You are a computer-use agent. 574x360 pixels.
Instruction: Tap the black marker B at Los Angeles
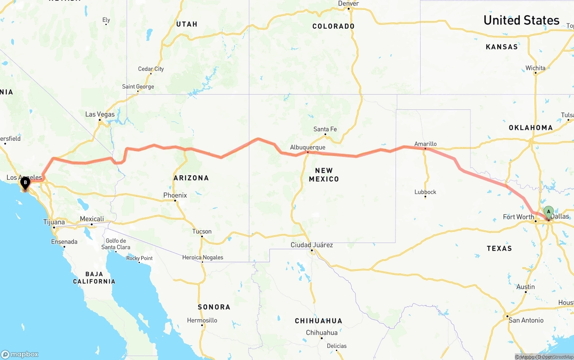[25, 182]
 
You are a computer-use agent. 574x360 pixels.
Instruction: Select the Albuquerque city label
[308, 147]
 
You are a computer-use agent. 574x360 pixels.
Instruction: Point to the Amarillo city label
[425, 143]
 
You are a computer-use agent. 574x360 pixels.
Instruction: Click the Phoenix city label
[175, 195]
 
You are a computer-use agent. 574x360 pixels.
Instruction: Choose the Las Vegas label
[100, 114]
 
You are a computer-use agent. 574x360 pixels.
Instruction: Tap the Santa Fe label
[325, 129]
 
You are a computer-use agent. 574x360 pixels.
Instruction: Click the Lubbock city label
[425, 192]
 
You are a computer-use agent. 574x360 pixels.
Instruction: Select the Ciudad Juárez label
[312, 245]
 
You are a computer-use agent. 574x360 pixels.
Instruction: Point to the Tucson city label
[202, 231]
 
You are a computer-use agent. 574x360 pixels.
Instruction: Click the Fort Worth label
[518, 217]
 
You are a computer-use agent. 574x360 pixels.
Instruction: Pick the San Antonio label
[526, 320]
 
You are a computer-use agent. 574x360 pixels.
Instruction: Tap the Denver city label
[348, 4]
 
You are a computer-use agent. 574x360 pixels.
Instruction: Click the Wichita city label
[535, 68]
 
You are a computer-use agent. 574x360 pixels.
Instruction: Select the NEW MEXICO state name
[324, 174]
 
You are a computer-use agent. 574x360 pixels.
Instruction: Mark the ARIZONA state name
[191, 178]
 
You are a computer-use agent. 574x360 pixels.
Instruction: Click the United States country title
[521, 20]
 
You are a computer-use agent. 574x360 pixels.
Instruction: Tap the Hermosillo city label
[202, 320]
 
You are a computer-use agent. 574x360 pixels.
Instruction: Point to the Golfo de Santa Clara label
[116, 244]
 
